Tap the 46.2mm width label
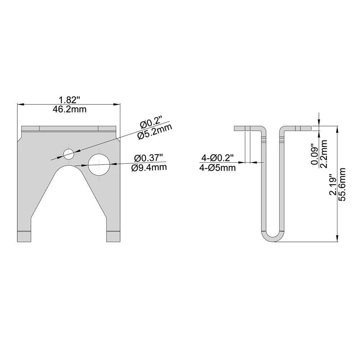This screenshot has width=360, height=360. [x=69, y=109]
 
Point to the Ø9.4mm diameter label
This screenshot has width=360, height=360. [x=149, y=168]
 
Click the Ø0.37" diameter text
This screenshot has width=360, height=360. [x=148, y=158]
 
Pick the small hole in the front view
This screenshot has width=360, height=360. [x=68, y=154]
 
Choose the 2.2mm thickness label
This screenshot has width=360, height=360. [x=323, y=154]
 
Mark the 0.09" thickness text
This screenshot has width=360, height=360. [x=314, y=154]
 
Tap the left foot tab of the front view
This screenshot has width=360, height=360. [x=24, y=236]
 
